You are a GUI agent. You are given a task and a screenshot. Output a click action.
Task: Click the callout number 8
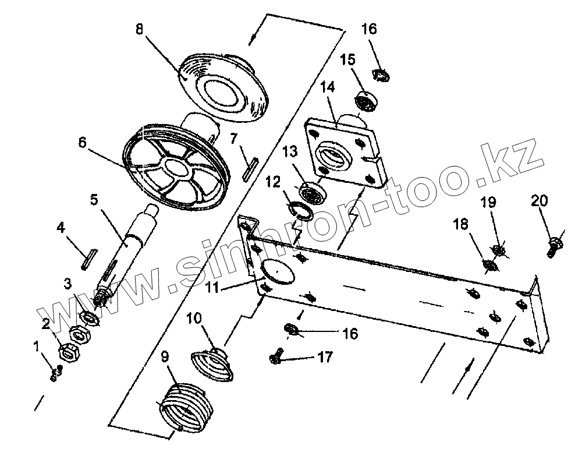click(x=139, y=29)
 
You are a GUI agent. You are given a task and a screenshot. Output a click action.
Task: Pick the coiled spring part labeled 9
click(x=182, y=406)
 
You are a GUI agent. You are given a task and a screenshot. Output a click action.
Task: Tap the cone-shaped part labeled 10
click(x=212, y=364)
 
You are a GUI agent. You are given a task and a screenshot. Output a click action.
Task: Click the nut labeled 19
click(x=499, y=251)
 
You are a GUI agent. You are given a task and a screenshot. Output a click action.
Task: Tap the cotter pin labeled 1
click(x=56, y=373)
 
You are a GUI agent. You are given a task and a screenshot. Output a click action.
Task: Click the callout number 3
click(x=68, y=284)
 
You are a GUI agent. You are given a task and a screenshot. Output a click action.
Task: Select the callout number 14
click(x=328, y=88)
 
